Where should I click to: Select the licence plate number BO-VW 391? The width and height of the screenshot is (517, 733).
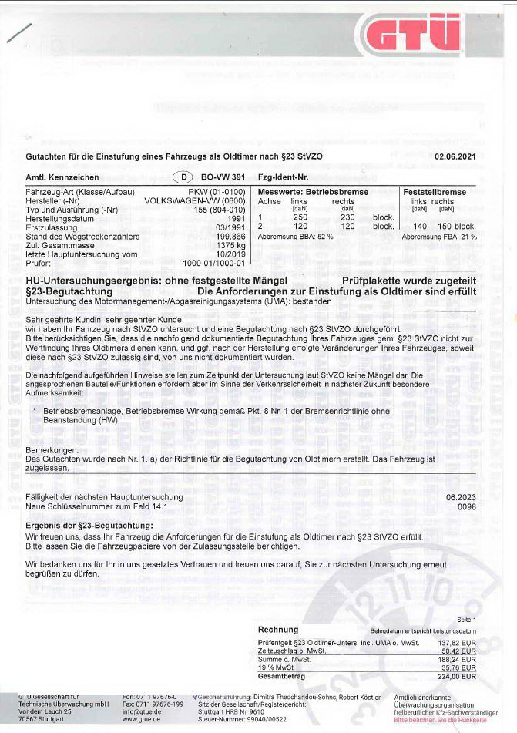coord(223,177)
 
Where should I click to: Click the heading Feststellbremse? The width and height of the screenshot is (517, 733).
coord(435,191)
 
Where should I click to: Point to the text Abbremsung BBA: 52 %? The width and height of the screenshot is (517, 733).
coord(295,236)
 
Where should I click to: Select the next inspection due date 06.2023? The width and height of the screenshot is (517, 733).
coord(461,497)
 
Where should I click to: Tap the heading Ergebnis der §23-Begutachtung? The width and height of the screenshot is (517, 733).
coord(89,526)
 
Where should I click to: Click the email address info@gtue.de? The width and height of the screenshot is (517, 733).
coord(142,713)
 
